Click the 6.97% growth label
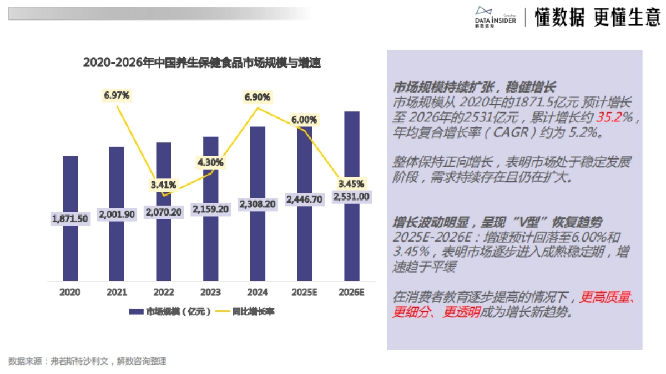tap(117, 95)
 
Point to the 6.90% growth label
tap(258, 97)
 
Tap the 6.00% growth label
tap(304, 120)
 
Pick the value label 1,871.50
tap(70, 219)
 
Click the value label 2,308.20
tap(258, 204)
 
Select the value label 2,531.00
tap(351, 196)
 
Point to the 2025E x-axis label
tap(304, 292)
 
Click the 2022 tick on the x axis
tap(164, 292)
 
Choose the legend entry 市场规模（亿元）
tap(170, 312)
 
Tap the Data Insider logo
tap(495, 17)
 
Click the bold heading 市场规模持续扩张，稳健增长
tap(474, 88)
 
